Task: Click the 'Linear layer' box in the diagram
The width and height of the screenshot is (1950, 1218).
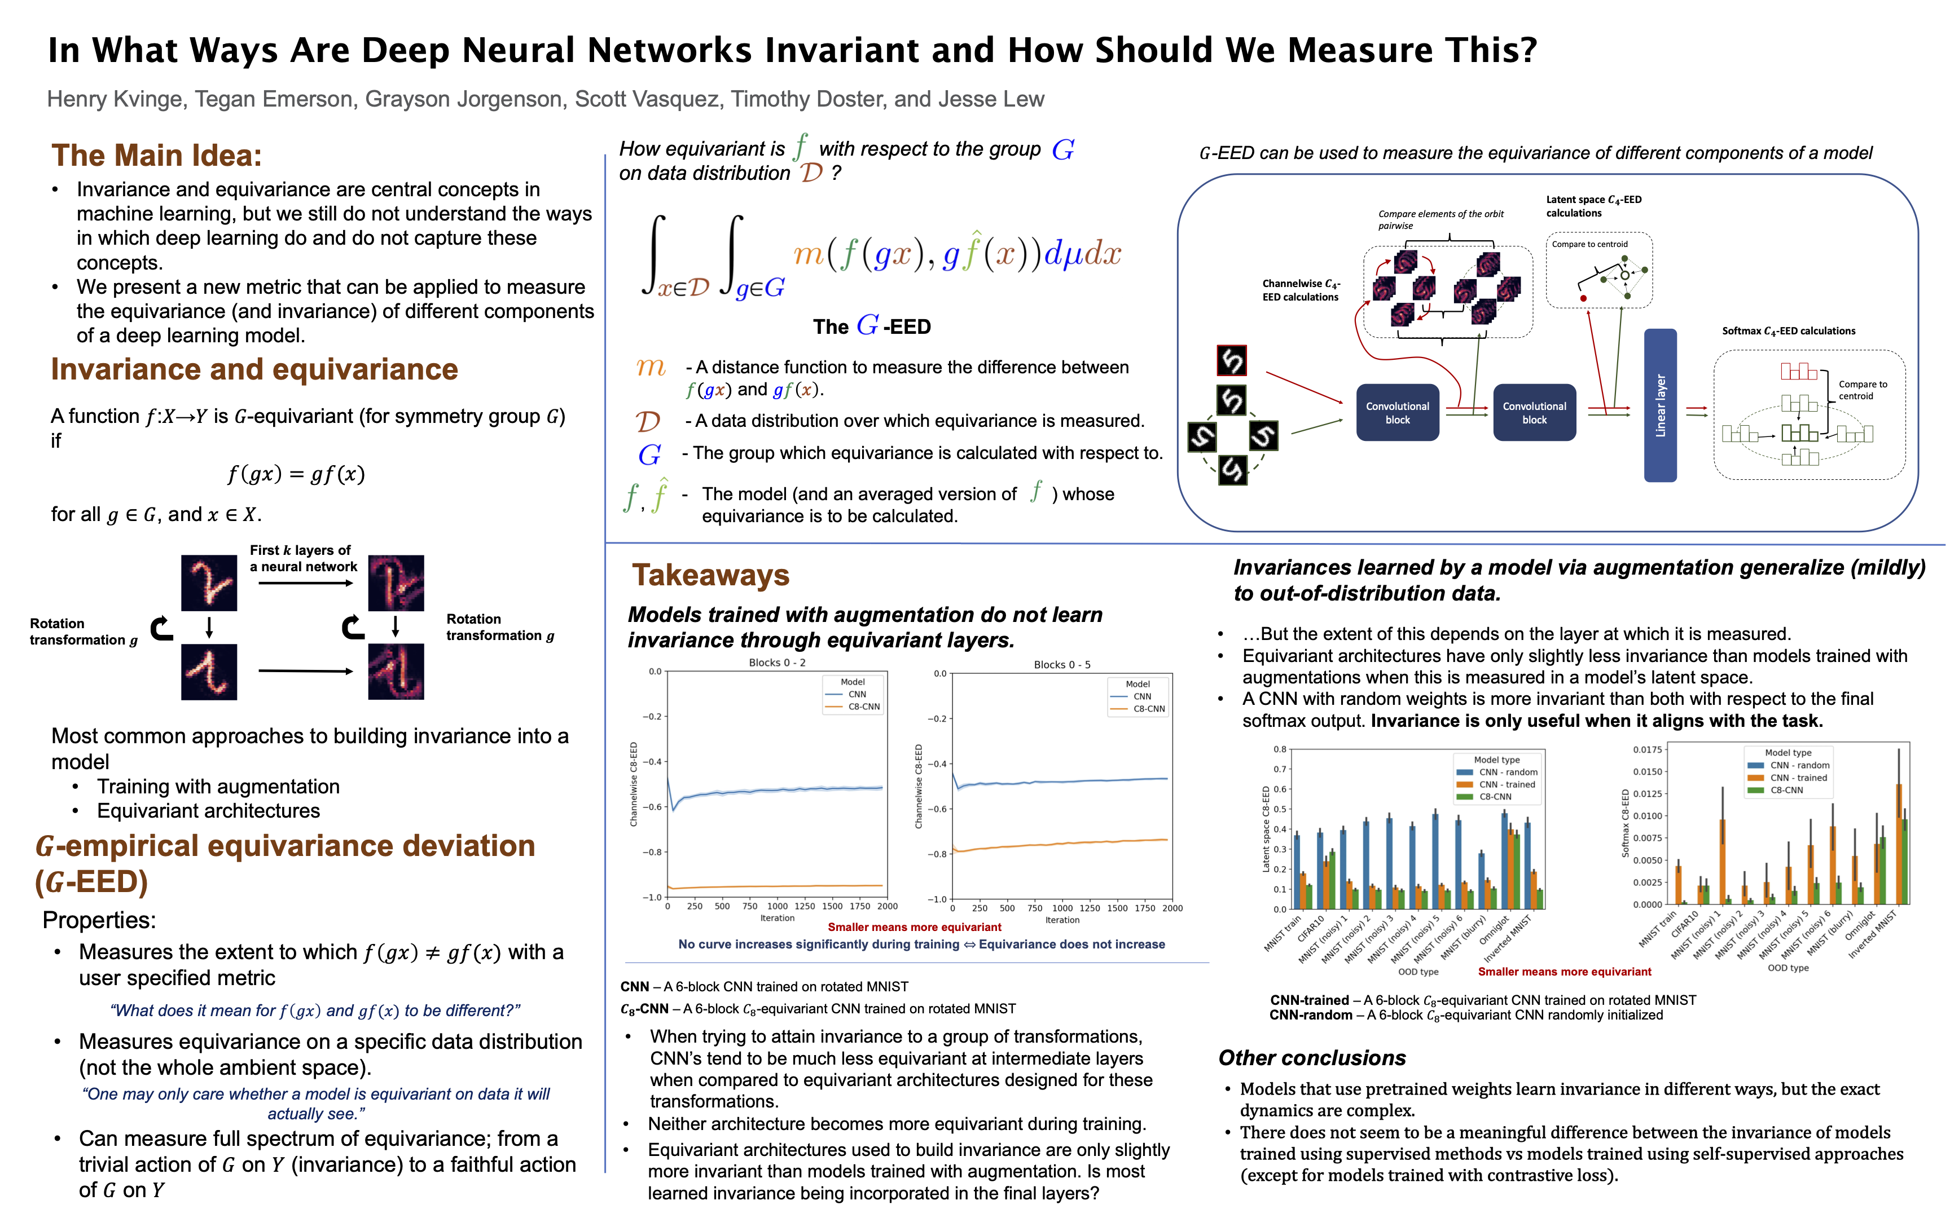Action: tap(1660, 405)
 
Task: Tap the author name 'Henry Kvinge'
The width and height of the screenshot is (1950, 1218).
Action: tap(115, 99)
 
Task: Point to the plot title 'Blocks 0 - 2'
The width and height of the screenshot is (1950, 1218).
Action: tap(777, 662)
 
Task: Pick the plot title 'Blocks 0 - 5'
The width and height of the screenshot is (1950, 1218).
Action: tap(1061, 665)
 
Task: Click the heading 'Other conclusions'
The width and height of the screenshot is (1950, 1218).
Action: tap(1311, 1058)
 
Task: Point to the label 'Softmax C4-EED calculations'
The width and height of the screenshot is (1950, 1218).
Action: tap(1788, 331)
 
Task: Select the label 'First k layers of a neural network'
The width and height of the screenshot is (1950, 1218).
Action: tap(302, 558)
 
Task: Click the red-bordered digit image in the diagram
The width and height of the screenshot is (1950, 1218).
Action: tap(1231, 360)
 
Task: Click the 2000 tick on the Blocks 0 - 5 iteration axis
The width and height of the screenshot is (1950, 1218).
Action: tap(1171, 908)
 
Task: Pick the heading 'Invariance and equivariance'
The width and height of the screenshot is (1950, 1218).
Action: tap(254, 369)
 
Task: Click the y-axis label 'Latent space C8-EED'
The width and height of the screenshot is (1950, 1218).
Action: tap(1266, 829)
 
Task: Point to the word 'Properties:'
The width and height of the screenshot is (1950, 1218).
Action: tap(99, 920)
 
